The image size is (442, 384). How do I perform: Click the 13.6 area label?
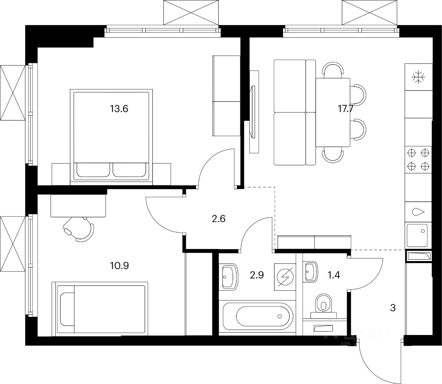[x=119, y=109]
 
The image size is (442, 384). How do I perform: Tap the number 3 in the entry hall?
[x=393, y=308]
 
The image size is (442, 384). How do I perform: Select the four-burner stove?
[x=418, y=159]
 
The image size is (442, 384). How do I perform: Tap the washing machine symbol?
[x=285, y=277]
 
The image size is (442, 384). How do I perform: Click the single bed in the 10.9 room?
[x=100, y=309]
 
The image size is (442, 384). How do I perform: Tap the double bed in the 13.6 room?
[x=111, y=135]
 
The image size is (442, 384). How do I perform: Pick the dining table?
[x=333, y=113]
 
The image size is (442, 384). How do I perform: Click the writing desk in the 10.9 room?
[x=78, y=205]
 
